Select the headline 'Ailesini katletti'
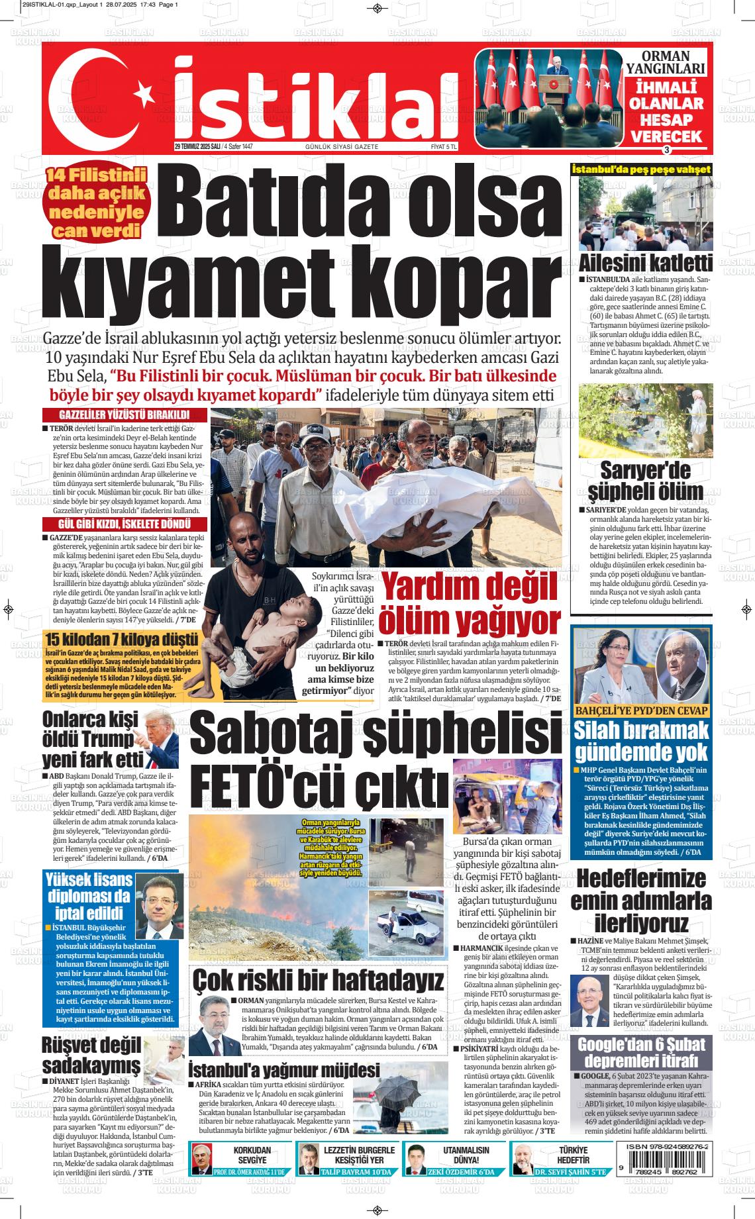pos(646,262)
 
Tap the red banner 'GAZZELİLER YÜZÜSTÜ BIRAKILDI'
pos(125,414)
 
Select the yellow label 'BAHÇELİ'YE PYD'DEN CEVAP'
pos(640,710)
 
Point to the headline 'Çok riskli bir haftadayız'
pos(318,980)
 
